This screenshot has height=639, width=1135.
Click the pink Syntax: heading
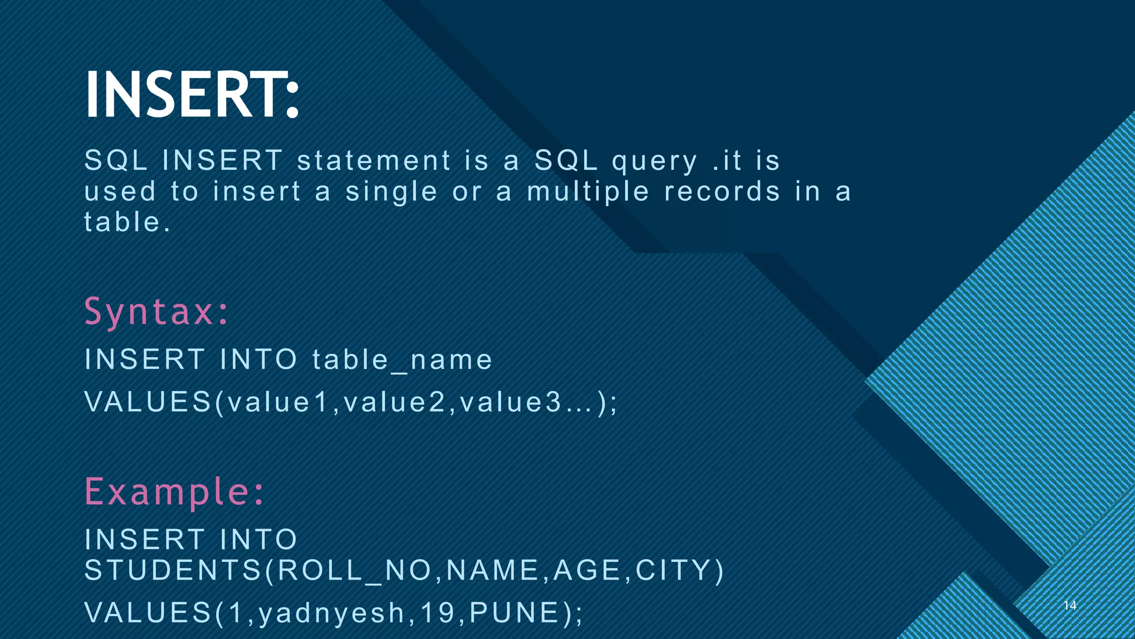click(156, 312)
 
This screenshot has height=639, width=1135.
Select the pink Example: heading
click(174, 492)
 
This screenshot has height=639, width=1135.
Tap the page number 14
click(1070, 605)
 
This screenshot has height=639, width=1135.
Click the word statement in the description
click(374, 161)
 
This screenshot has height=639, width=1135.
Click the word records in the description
click(722, 191)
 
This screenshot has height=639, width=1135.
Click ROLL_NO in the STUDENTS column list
click(354, 570)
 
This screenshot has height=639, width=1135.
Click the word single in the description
click(391, 192)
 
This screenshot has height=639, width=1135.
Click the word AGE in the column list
click(587, 570)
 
